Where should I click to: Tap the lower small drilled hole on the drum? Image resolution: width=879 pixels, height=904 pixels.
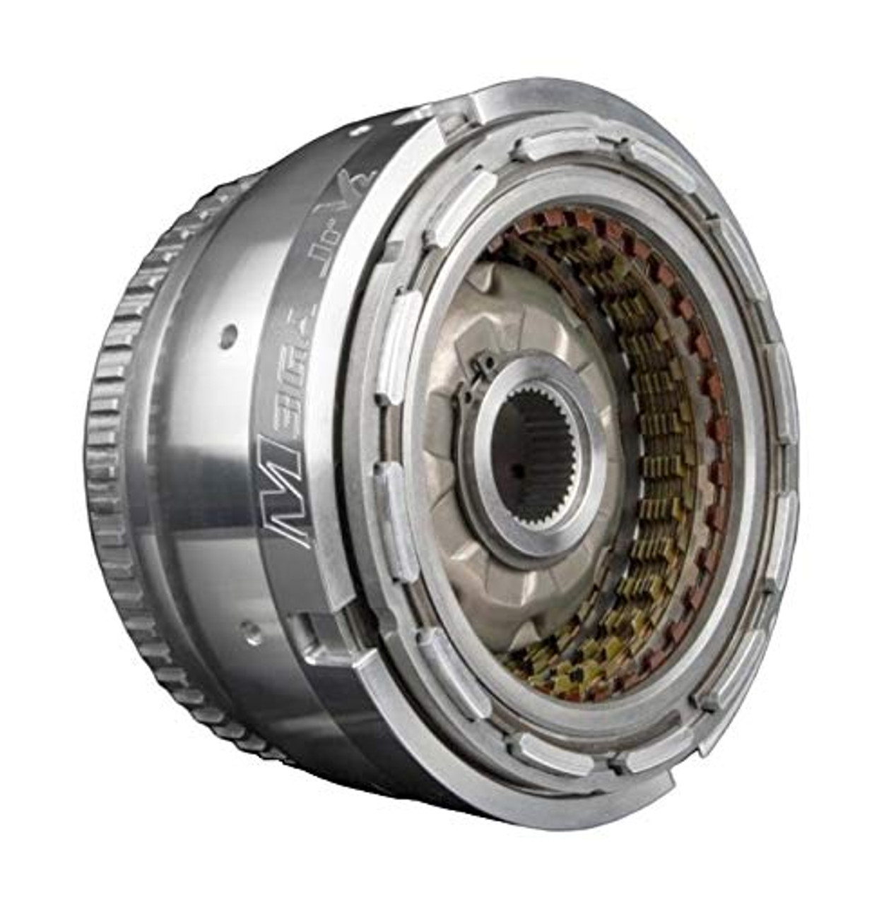coord(249,631)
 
